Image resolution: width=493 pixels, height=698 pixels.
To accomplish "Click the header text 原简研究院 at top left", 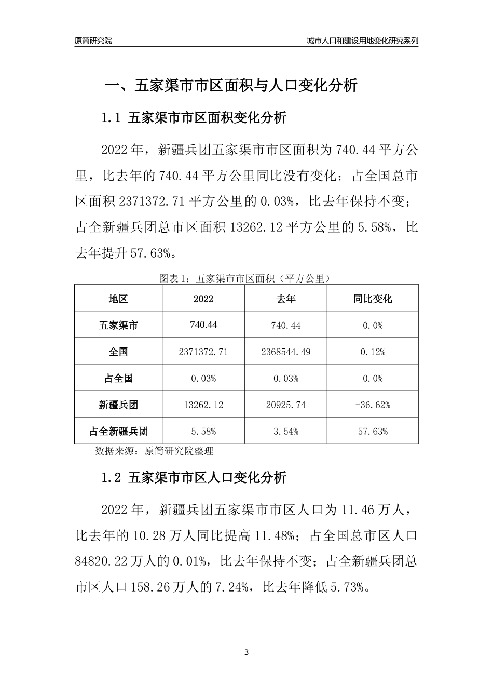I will coord(93,41).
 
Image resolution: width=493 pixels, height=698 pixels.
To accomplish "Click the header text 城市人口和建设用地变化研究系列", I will coord(362,41).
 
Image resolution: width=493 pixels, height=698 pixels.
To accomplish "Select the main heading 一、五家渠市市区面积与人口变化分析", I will coord(231,85).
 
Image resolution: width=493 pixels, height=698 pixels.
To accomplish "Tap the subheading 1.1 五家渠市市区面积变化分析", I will coord(194,118).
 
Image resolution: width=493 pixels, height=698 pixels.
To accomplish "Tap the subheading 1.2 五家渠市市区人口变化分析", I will coord(194,478).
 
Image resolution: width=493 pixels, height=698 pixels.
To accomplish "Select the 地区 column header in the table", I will coord(118,299).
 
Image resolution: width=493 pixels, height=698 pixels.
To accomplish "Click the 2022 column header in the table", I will coord(203,299).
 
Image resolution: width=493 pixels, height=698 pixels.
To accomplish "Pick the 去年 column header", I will coord(285,299).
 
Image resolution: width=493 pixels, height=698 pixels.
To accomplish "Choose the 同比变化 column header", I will coord(373,299).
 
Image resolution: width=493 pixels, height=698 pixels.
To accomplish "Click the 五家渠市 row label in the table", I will coord(118,326).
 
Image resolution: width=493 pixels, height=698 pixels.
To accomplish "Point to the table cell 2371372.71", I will coord(203,352).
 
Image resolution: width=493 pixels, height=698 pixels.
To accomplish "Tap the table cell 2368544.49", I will coord(285,352).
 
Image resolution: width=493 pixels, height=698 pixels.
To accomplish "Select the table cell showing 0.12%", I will coord(373,352).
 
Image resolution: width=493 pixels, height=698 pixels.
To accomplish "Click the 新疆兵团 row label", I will coord(118,405).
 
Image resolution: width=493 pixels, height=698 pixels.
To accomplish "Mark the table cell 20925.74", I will coord(285,405).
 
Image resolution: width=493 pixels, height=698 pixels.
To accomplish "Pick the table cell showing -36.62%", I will coord(373,405).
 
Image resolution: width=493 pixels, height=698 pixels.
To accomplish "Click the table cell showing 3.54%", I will coord(285,432).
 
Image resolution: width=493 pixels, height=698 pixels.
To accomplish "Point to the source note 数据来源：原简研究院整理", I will coord(154,451).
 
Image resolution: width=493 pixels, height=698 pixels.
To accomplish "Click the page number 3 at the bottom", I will coord(246,652).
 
